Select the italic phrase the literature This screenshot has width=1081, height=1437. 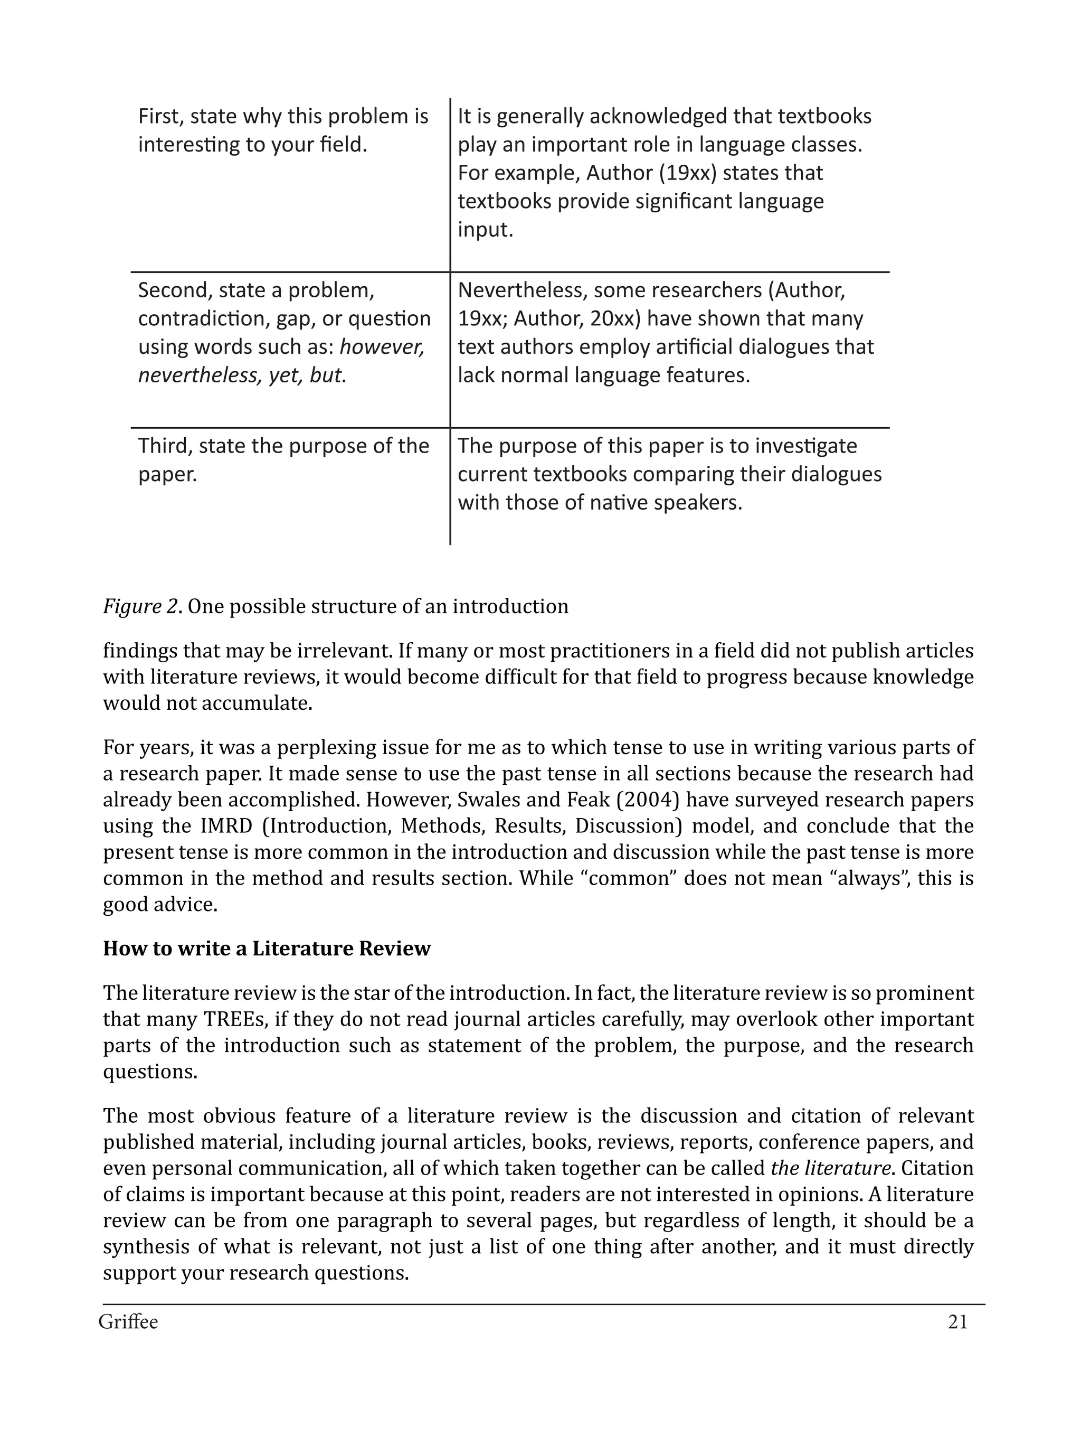point(830,1168)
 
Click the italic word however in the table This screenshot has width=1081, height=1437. point(382,347)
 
